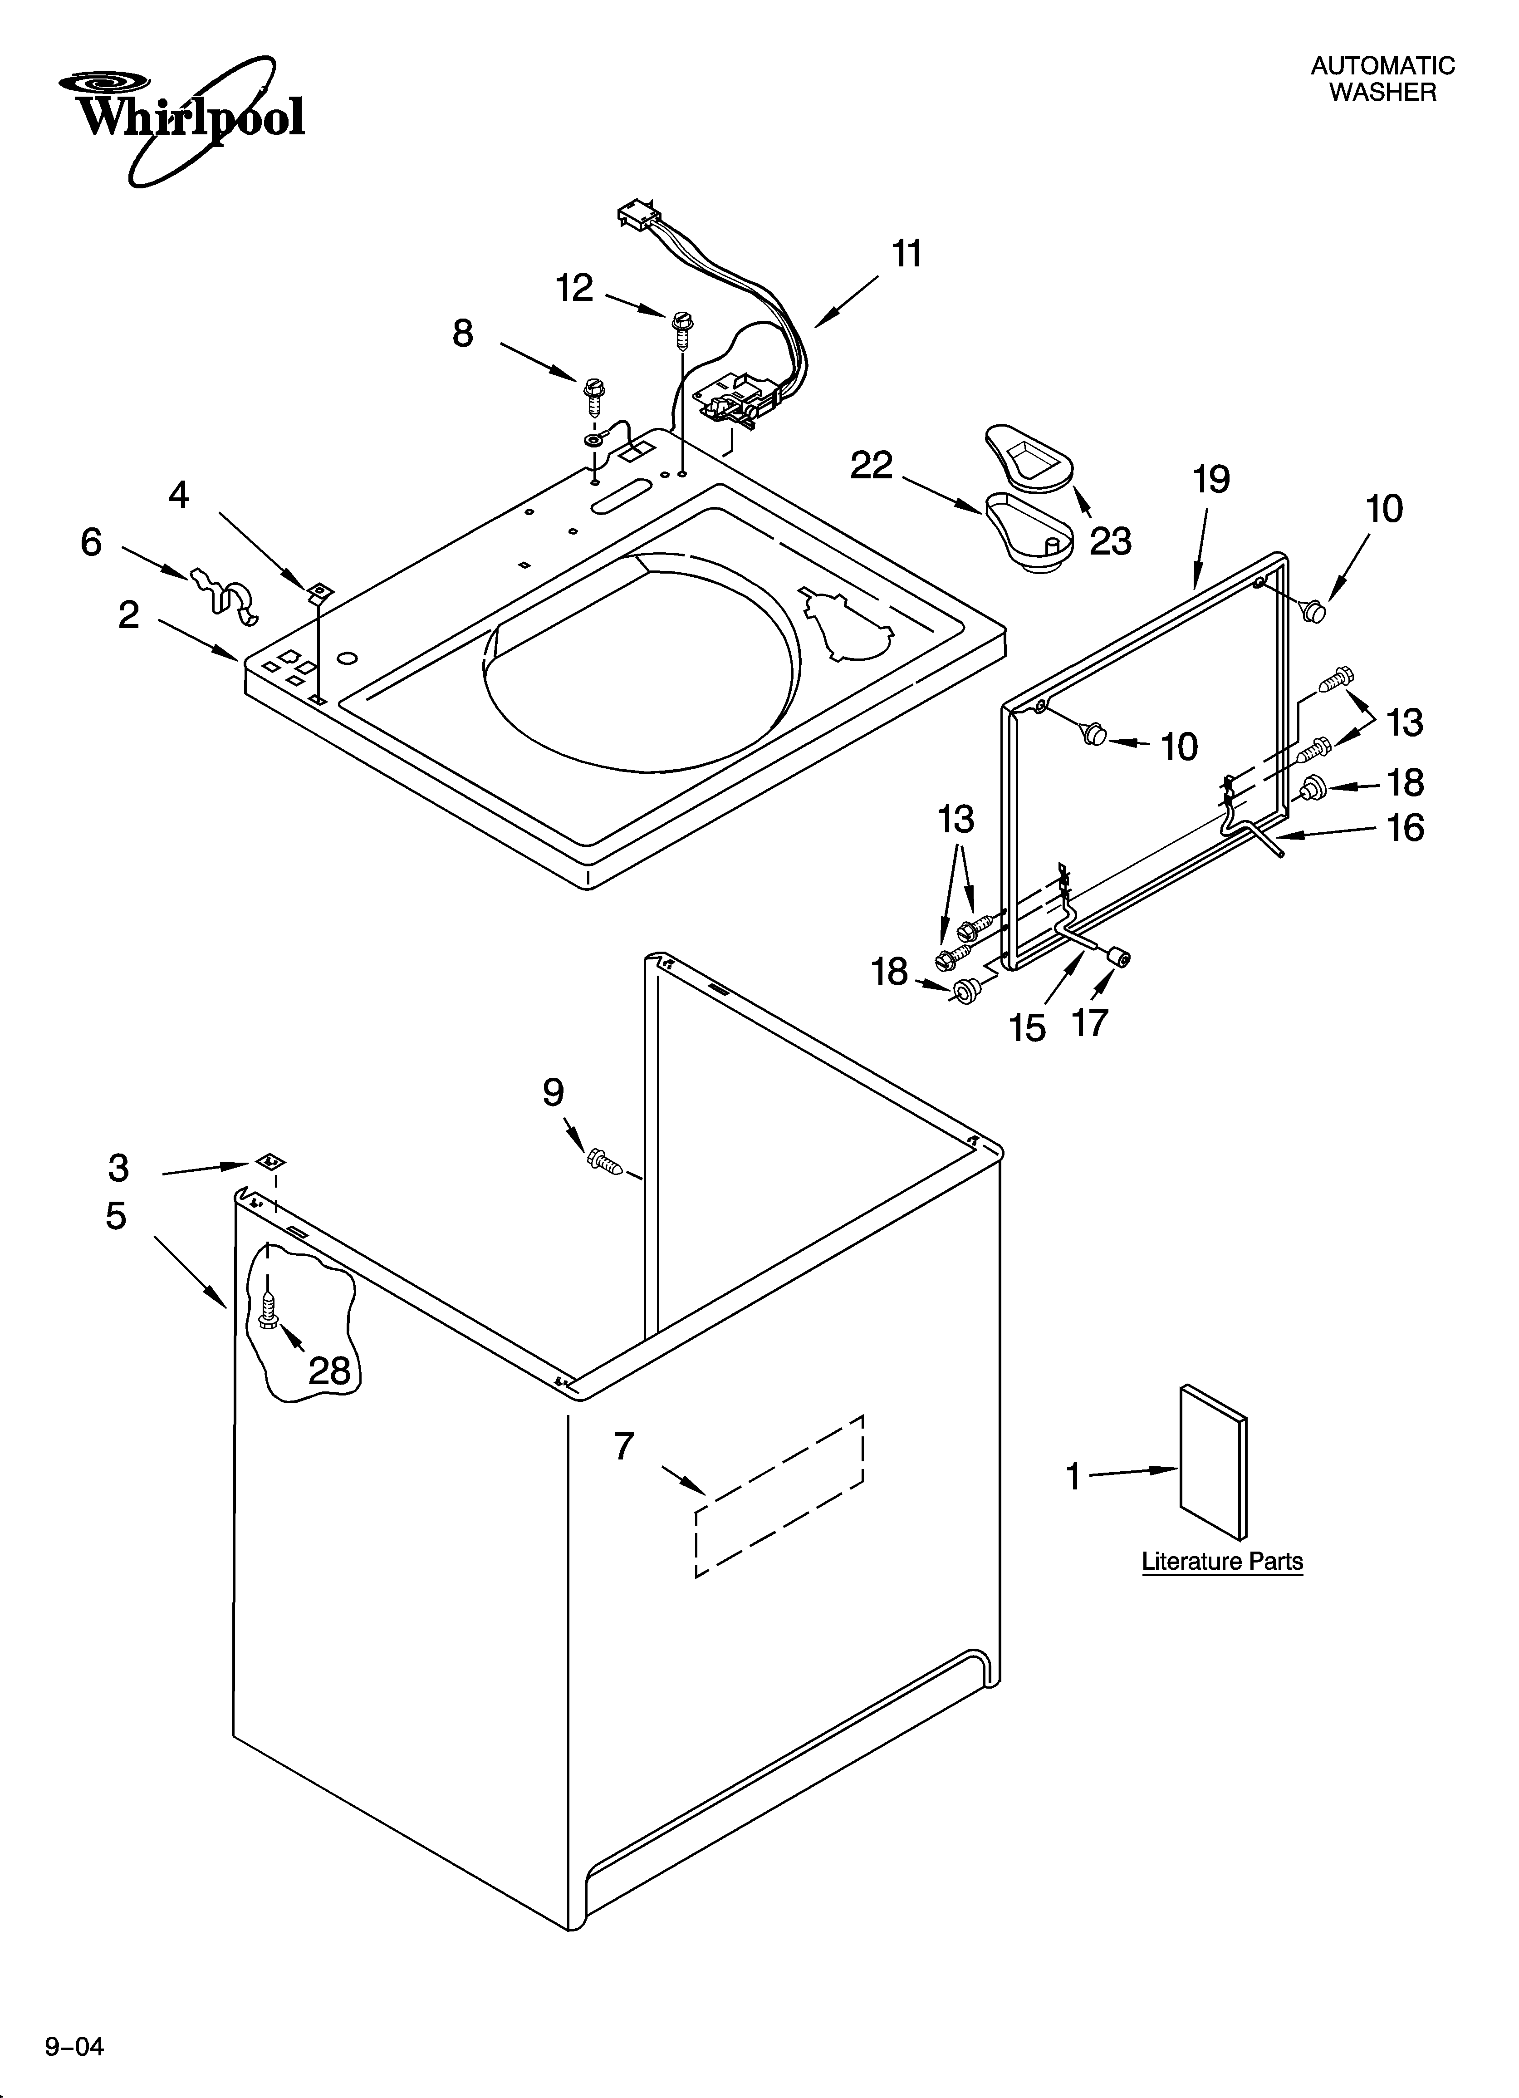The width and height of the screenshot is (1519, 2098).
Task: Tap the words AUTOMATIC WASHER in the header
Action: coord(1382,79)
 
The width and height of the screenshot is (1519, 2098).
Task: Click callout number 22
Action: coord(872,465)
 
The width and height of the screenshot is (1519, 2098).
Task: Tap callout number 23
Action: coord(1110,541)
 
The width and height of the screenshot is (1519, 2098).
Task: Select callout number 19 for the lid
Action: coord(1211,479)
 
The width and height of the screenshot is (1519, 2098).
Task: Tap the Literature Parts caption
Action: coord(1222,1562)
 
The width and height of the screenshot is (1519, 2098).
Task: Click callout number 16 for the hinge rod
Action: coord(1404,827)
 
